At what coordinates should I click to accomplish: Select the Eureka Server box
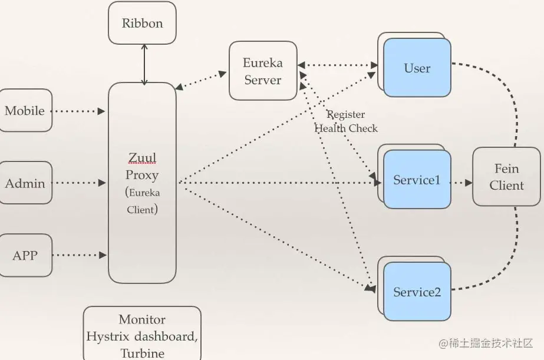pyautogui.click(x=263, y=71)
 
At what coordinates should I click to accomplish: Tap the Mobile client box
pyautogui.click(x=25, y=111)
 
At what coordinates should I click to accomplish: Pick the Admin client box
pyautogui.click(x=25, y=183)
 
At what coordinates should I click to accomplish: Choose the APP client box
pyautogui.click(x=25, y=256)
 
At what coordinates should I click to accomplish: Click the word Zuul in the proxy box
pyautogui.click(x=141, y=157)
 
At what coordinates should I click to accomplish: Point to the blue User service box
pyautogui.click(x=417, y=68)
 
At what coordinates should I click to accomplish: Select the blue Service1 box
pyautogui.click(x=417, y=180)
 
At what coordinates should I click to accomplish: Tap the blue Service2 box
pyautogui.click(x=417, y=292)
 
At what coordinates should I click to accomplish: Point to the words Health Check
pyautogui.click(x=346, y=128)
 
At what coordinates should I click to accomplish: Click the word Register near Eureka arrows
pyautogui.click(x=346, y=115)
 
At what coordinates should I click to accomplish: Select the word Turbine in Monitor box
pyautogui.click(x=142, y=353)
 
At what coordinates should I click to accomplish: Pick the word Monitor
pyautogui.click(x=142, y=319)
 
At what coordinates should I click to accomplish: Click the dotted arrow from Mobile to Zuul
pyautogui.click(x=78, y=111)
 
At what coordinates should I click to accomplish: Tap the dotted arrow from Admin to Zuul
pyautogui.click(x=78, y=183)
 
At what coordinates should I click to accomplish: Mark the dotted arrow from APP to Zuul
pyautogui.click(x=78, y=255)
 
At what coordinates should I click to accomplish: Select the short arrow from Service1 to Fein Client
pyautogui.click(x=461, y=183)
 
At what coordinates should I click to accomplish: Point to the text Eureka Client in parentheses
pyautogui.click(x=142, y=201)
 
